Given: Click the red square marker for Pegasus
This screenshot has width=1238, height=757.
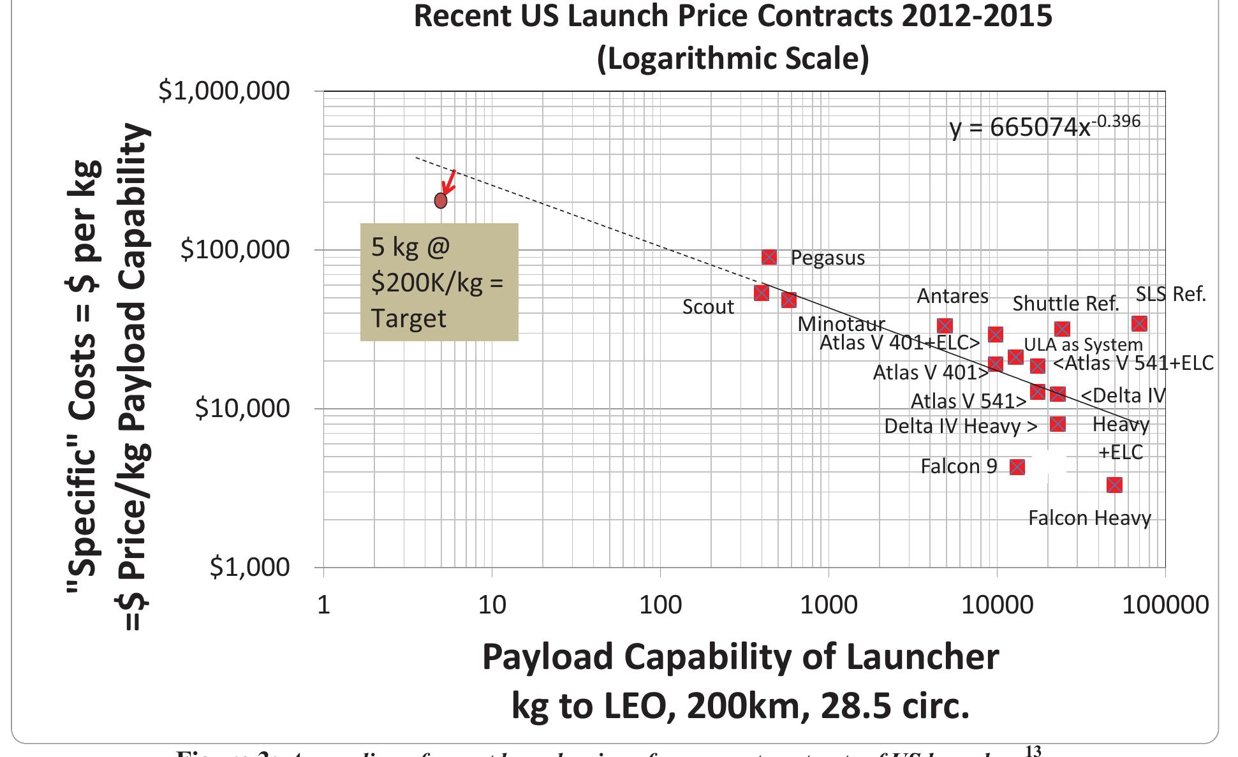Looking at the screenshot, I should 769,257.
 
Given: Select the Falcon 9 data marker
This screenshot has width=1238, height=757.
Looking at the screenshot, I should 1017,467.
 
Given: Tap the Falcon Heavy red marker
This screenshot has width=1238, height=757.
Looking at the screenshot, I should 1114,485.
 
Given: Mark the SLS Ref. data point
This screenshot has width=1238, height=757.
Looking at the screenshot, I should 1139,323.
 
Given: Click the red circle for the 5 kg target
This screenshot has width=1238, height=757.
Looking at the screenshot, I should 441,200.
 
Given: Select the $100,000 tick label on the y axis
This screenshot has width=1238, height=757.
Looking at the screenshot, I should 235,249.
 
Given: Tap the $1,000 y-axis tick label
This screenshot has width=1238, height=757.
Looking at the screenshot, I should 249,566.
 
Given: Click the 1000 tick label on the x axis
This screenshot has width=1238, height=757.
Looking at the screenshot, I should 828,604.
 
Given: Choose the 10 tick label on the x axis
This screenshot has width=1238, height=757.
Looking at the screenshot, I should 492,604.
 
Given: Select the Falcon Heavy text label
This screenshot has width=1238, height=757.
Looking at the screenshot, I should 1089,518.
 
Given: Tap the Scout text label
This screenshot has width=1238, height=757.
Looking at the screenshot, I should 708,307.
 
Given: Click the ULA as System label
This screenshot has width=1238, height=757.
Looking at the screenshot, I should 1083,344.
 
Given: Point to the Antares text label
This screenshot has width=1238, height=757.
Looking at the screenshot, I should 952,296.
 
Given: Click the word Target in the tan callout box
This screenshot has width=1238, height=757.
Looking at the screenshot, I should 408,318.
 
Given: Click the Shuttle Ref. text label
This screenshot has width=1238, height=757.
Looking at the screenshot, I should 1066,304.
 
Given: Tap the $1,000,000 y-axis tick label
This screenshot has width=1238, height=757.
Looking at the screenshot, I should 224,91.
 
